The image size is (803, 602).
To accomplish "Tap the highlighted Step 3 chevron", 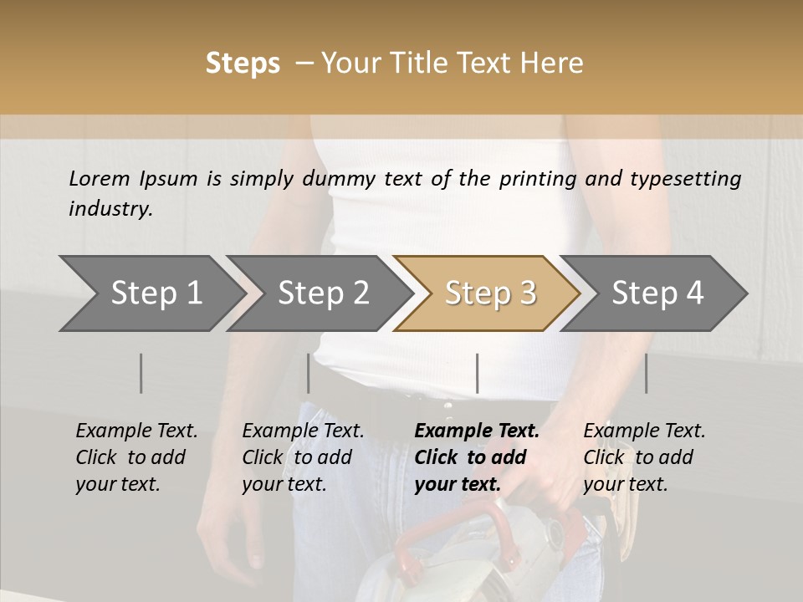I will [490, 293].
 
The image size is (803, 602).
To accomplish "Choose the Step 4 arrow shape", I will [657, 293].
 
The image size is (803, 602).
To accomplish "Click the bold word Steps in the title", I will [243, 64].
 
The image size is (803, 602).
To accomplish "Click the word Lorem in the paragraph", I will [100, 178].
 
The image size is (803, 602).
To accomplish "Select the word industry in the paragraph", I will [110, 209].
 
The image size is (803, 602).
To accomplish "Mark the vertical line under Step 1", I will [141, 373].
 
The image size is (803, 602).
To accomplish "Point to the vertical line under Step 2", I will [309, 373].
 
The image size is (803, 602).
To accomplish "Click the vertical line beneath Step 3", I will [477, 373].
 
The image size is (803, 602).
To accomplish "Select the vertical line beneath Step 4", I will [646, 373].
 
